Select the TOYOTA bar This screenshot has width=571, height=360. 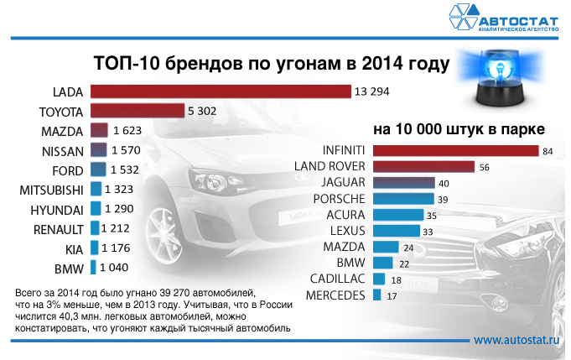(x=137, y=111)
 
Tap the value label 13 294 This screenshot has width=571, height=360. (x=373, y=91)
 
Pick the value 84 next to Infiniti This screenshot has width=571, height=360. (x=548, y=151)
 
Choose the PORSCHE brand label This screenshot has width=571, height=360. (x=339, y=199)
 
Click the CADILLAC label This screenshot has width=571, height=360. (x=337, y=279)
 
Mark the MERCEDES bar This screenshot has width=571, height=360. (x=377, y=295)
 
